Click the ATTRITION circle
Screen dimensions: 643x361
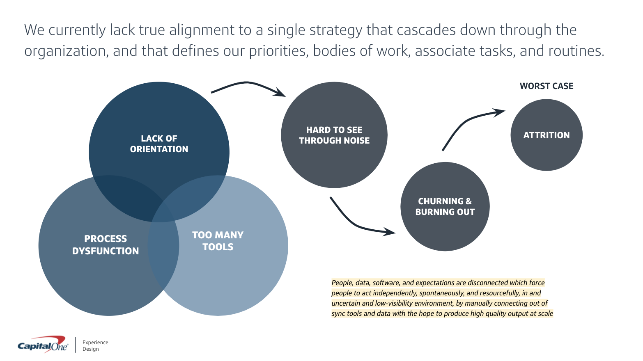coord(546,135)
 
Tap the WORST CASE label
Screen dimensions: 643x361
coord(546,86)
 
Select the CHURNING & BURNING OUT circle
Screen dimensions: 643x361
coord(445,206)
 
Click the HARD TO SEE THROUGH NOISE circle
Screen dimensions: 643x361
coord(334,135)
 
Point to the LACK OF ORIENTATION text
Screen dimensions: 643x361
coord(159,144)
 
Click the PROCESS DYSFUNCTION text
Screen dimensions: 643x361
coord(106,244)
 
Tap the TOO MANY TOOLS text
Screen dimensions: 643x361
coord(218,241)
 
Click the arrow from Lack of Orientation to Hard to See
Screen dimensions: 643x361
coord(247,83)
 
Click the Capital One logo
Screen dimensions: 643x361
coord(43,344)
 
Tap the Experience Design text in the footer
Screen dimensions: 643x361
coord(95,345)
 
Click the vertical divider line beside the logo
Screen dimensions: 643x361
coord(75,345)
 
